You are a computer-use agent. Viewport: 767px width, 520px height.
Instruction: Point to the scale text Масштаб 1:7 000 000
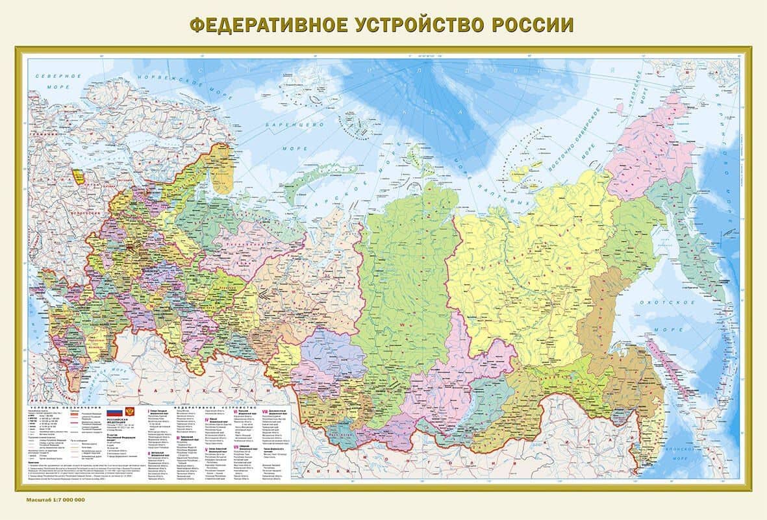[x=56, y=501]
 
